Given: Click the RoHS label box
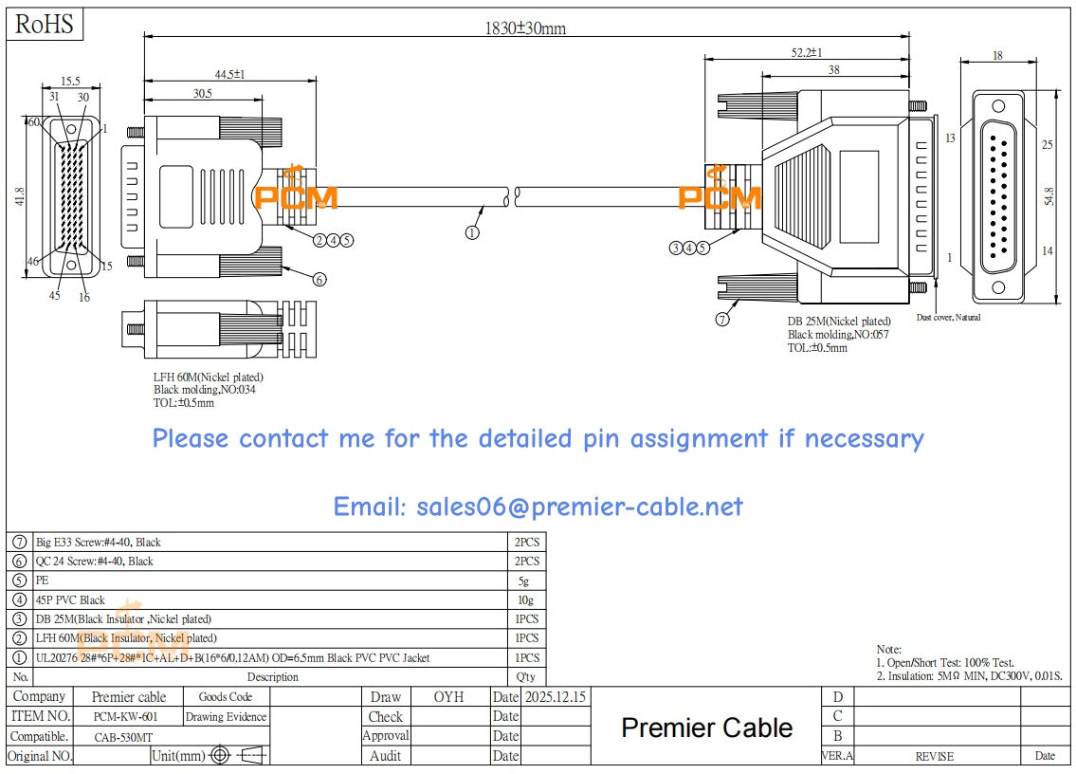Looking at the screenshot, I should (45, 25).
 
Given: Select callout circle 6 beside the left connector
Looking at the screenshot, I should (319, 279).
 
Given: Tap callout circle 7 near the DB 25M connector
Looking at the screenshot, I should (723, 320).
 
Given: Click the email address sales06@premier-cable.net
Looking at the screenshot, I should (538, 507).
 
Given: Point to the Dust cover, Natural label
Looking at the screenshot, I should (948, 317).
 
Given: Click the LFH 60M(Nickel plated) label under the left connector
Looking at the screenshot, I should (209, 378).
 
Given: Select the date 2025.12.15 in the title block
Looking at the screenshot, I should (555, 697).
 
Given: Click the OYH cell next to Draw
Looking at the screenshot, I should (448, 697).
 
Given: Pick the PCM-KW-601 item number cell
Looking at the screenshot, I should (126, 717).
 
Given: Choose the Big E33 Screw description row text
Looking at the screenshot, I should (99, 543).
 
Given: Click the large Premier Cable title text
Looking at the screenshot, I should (706, 728).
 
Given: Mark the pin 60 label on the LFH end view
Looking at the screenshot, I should (33, 122).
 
